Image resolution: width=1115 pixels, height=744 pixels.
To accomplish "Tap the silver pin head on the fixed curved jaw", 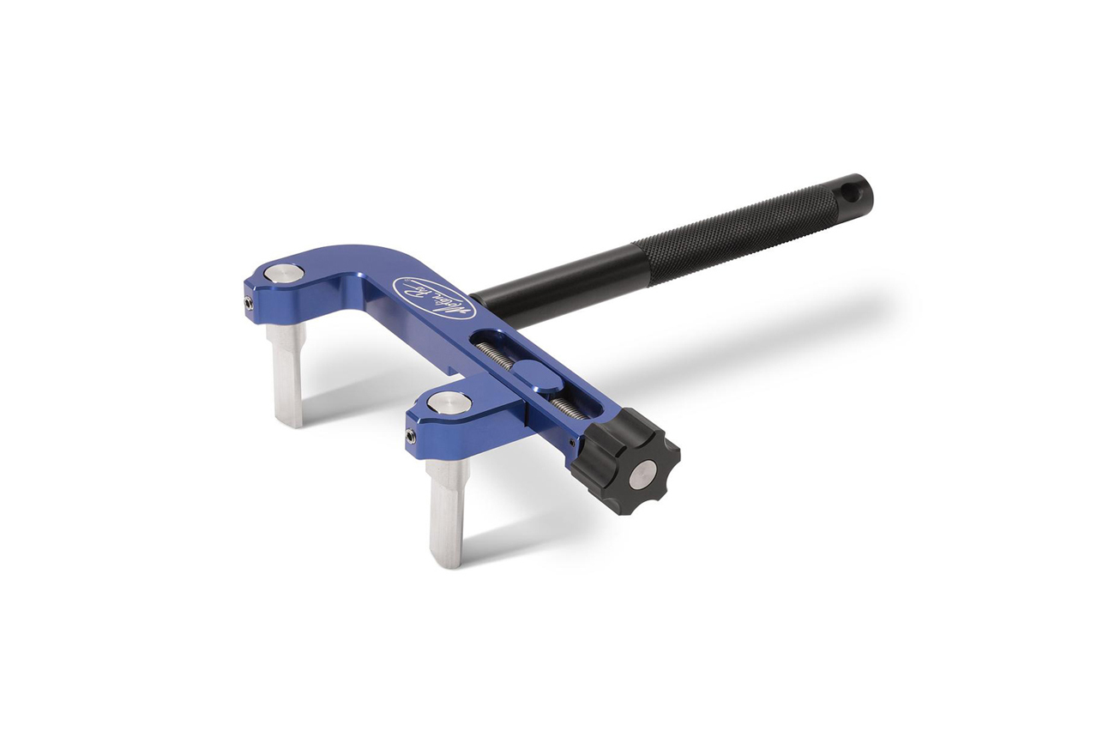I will point(284,274).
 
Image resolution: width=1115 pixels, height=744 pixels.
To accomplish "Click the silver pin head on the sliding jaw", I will point(449,402).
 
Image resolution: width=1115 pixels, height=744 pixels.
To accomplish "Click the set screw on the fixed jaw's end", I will point(248,302).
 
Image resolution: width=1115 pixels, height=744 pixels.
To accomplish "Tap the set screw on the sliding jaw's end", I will point(412,437).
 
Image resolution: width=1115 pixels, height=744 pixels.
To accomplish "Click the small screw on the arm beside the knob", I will point(573,442).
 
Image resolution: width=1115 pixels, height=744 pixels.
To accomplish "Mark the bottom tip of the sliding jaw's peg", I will point(445,562).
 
